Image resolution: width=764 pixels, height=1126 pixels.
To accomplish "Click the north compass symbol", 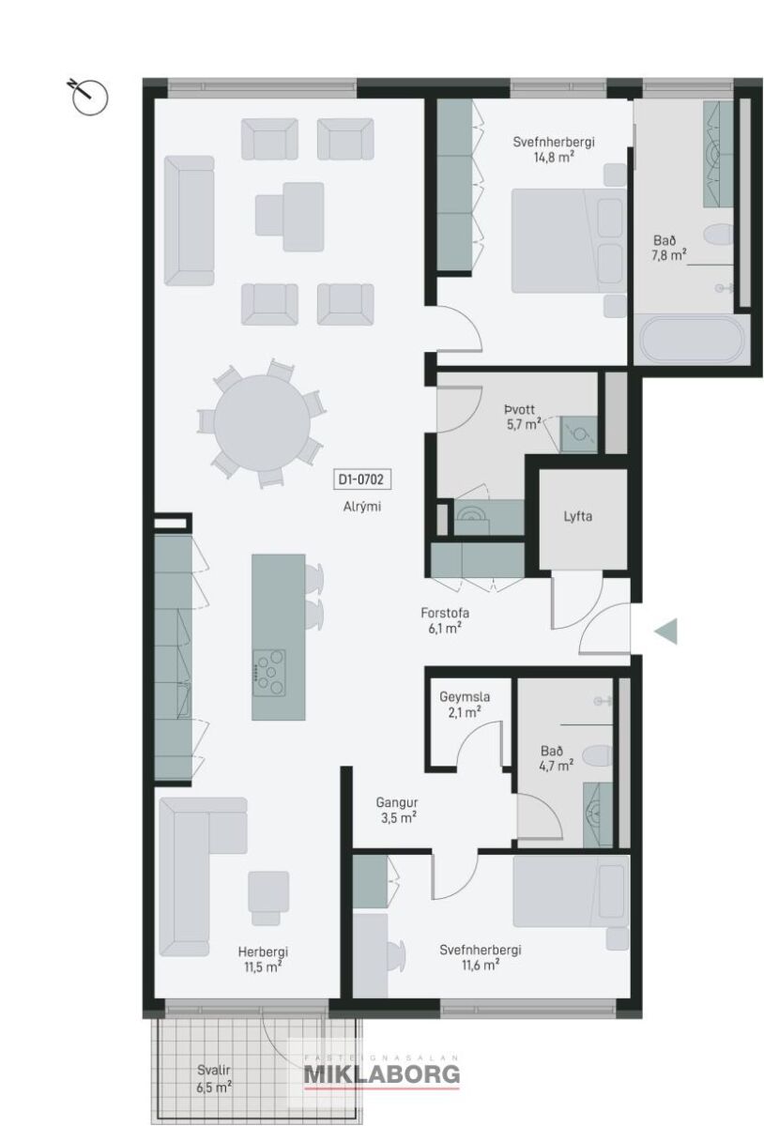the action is coord(88,96).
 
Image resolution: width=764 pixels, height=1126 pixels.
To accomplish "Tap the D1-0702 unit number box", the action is coord(361,479).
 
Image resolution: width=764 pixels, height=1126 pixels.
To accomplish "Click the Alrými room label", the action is coord(361,506).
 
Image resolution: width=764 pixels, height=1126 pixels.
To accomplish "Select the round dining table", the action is coord(262,422).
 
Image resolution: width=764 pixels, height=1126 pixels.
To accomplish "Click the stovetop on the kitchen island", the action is coord(269,673).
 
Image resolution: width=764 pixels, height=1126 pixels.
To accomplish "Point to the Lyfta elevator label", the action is coord(577,516).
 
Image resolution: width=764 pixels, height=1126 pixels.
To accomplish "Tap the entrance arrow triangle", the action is coord(665,631).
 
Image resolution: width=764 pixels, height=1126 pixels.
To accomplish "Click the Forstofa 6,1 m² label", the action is coord(445,620).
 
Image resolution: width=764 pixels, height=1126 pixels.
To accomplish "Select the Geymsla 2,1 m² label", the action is coord(465,705).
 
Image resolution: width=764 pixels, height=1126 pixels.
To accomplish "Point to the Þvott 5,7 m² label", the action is coord(523,417).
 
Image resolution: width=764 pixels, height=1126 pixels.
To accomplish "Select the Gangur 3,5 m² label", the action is coord(397,811).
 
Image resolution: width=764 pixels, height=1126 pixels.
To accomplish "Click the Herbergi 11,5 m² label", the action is coord(263,959).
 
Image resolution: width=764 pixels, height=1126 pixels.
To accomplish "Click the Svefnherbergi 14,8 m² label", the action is coord(553,149).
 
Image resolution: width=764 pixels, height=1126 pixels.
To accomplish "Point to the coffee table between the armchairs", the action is coord(289,217).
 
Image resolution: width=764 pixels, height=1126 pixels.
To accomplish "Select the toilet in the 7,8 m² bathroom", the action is coord(718,236).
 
